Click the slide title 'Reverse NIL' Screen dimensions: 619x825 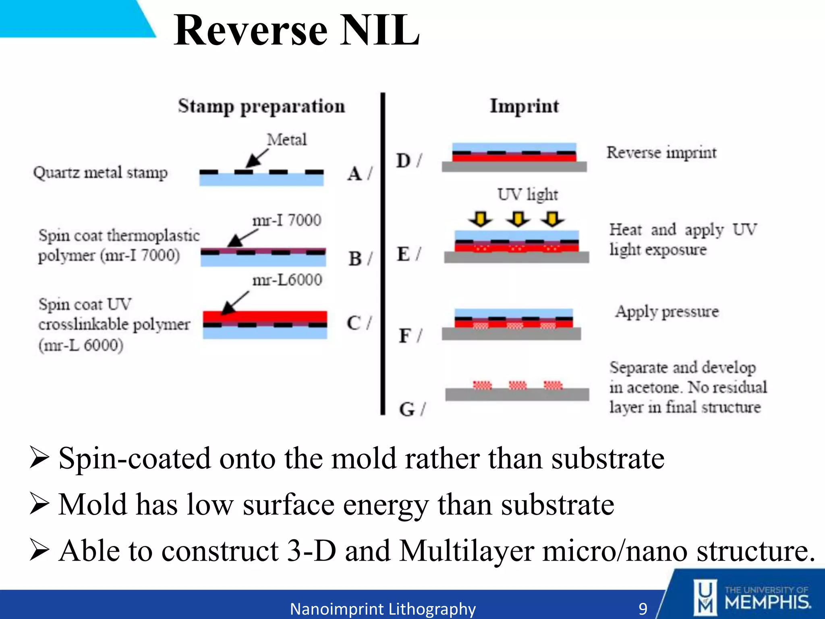point(297,30)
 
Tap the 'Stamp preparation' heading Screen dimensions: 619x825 point(261,107)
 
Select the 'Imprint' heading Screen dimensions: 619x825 point(524,106)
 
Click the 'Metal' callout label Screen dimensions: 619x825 point(287,140)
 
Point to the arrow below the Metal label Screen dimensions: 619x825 point(257,158)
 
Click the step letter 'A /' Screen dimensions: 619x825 point(359,174)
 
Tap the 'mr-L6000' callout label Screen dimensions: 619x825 point(287,280)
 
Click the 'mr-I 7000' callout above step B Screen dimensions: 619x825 point(287,220)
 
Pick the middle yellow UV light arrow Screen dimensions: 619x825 point(518,219)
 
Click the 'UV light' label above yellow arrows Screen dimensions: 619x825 point(527,195)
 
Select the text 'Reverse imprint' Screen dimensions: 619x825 point(661,153)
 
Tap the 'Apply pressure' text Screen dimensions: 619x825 point(667,312)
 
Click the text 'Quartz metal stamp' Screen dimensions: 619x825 point(100,173)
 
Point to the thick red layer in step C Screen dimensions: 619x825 point(265,316)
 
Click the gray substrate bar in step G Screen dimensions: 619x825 point(517,395)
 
